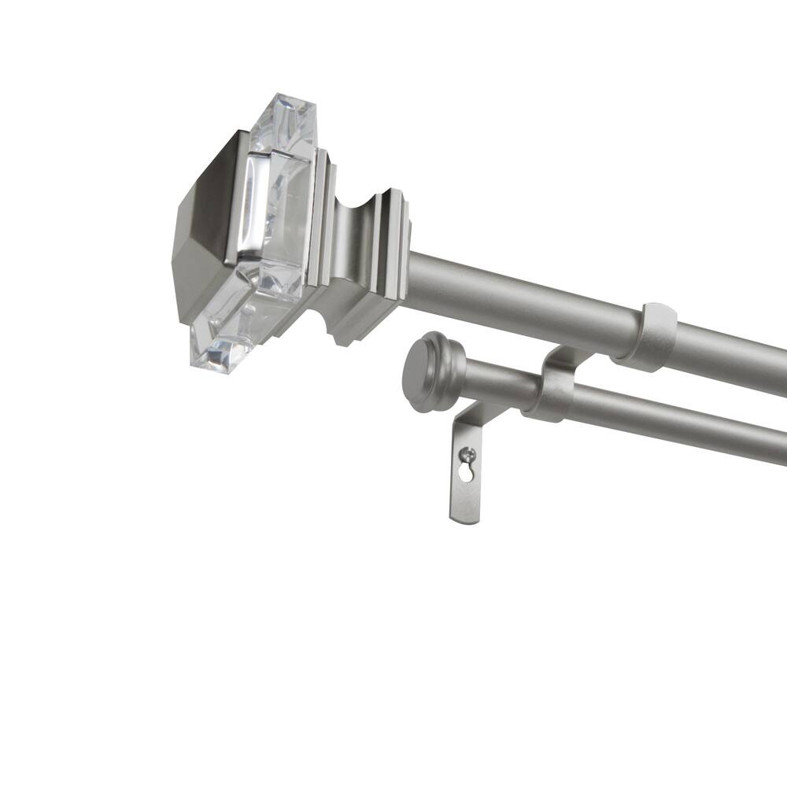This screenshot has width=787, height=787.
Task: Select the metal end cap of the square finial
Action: pos(201,228)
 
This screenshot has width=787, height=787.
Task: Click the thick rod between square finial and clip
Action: pos(519,295)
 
